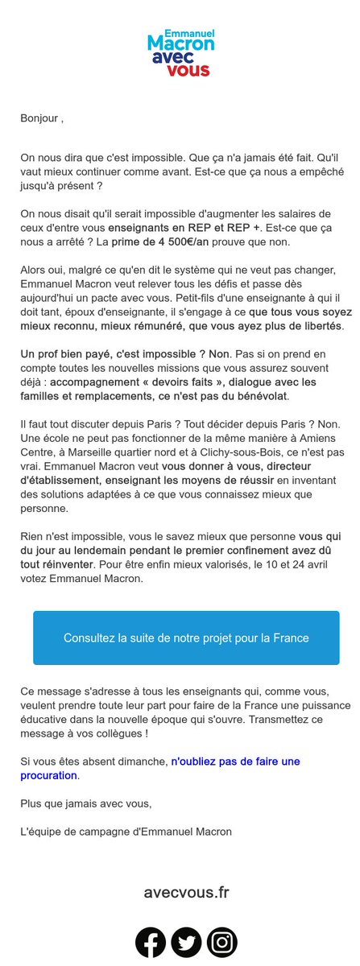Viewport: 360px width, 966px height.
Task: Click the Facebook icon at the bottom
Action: click(x=151, y=942)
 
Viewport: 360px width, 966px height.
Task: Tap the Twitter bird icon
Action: click(x=186, y=942)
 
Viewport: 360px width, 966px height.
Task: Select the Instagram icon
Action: click(x=221, y=942)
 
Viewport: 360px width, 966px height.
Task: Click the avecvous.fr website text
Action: click(x=186, y=892)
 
